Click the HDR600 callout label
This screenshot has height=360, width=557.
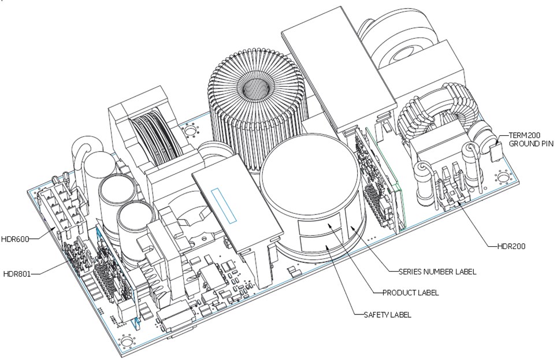tap(14, 239)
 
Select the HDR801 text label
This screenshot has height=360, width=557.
tap(16, 274)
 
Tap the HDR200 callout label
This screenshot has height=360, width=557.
tap(511, 246)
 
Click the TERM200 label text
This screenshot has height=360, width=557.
tap(524, 135)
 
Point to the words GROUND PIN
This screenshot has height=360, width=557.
tap(531, 143)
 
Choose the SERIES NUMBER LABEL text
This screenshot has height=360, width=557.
tap(437, 272)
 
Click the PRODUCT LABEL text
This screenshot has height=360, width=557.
tap(410, 293)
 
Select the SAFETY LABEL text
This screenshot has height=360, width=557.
tap(388, 315)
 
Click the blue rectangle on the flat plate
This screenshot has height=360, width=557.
tap(224, 206)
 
